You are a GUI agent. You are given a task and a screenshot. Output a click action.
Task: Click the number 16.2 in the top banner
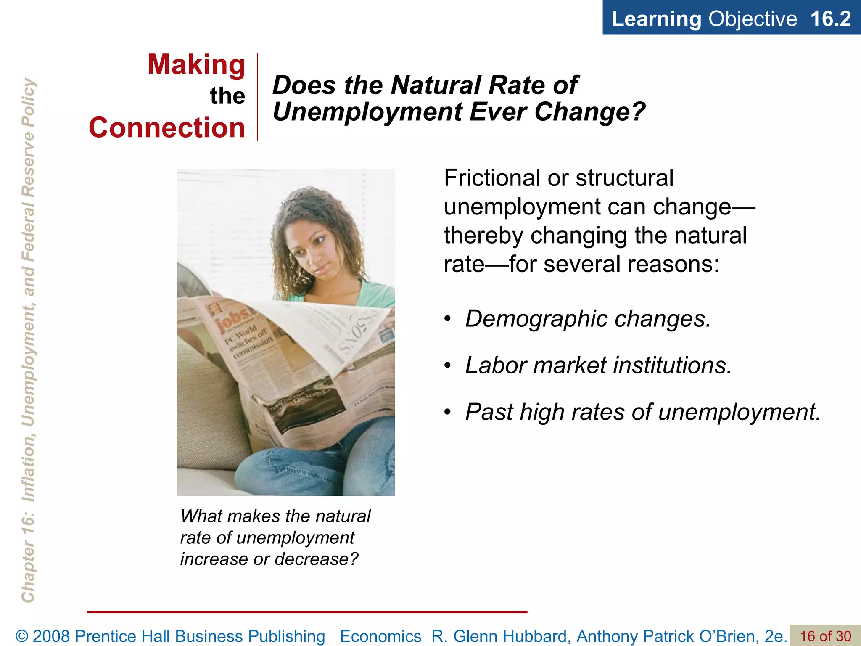[x=830, y=19]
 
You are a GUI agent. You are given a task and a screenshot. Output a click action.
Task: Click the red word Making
[x=196, y=65]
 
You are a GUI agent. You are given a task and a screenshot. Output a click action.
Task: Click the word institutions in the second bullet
[x=672, y=365]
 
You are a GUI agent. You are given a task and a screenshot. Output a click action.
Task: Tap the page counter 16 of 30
[x=825, y=636]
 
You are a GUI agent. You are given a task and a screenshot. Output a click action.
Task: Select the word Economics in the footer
[x=380, y=636]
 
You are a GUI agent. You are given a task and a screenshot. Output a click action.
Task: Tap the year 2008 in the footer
[x=52, y=636]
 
